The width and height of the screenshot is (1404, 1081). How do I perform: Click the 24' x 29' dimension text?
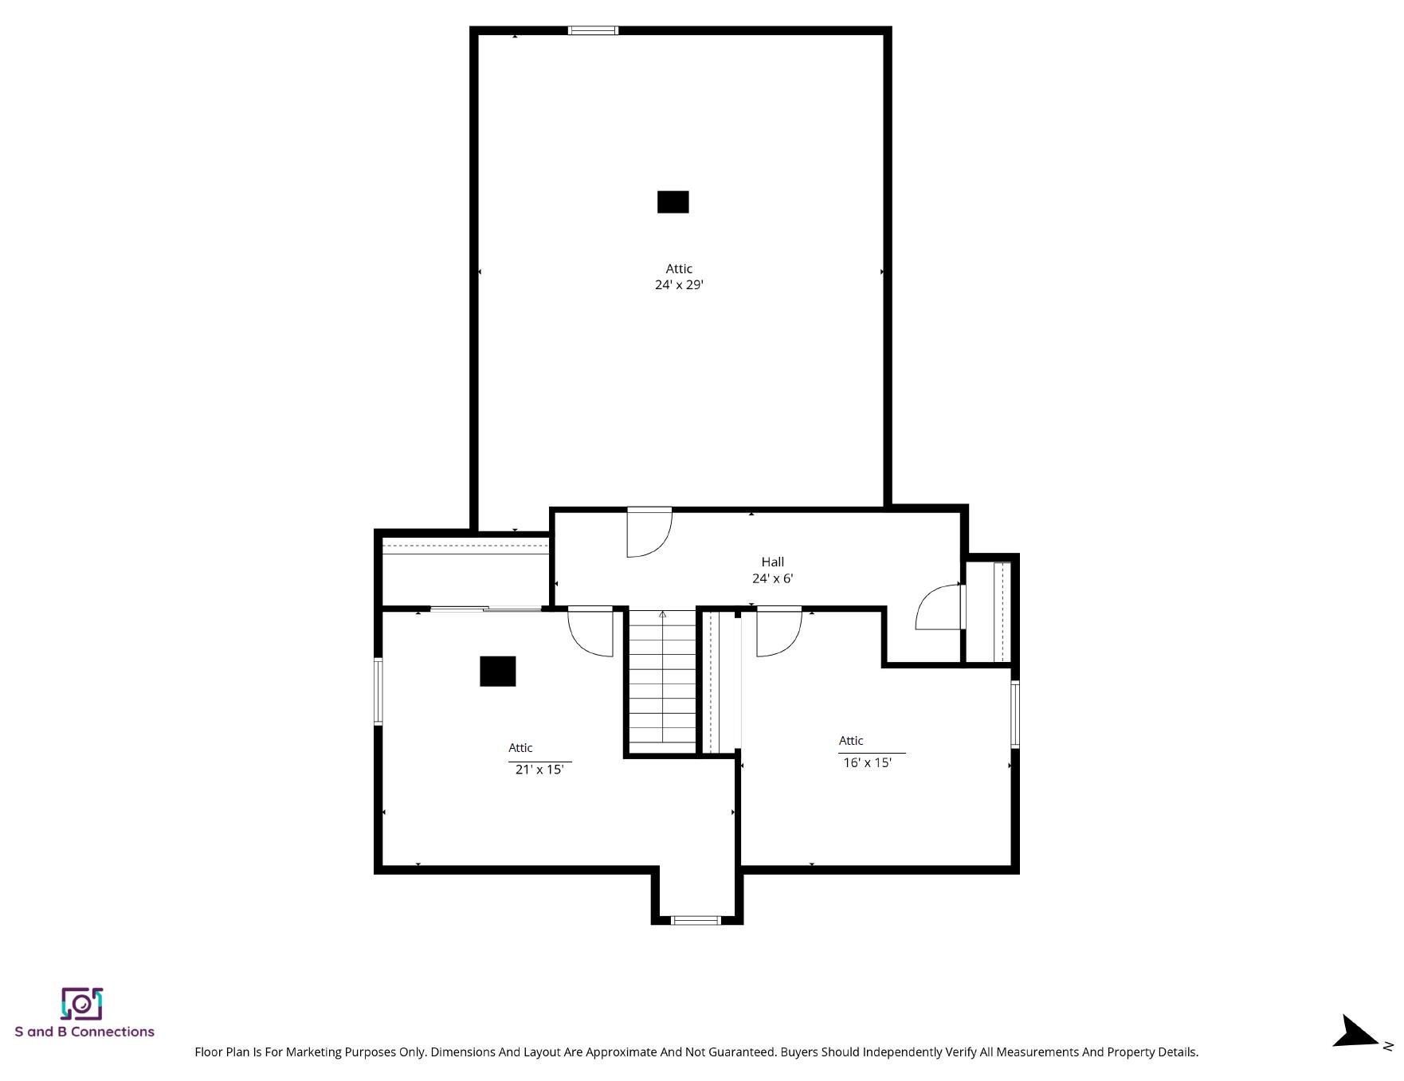pos(679,284)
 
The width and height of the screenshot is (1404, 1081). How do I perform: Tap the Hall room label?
pos(772,562)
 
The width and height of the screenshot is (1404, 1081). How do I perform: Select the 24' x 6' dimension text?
pos(772,578)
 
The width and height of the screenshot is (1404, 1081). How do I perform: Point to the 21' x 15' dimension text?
pos(539,770)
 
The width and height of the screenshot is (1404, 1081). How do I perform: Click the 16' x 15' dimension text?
pos(867,762)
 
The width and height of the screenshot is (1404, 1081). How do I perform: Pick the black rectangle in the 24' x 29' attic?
pos(673,202)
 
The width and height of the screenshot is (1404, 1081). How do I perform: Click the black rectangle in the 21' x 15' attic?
pos(498,672)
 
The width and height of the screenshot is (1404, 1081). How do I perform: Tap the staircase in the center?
pos(662,681)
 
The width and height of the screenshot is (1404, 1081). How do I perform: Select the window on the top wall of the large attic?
pos(593,31)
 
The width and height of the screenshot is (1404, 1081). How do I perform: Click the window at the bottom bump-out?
pos(696,920)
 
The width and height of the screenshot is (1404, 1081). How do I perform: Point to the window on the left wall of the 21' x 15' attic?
pos(378,691)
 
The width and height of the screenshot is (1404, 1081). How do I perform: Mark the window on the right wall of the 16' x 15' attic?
pos(1015,714)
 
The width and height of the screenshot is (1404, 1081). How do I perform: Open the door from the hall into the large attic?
pos(649,532)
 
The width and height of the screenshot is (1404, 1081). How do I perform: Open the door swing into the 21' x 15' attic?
pos(590,632)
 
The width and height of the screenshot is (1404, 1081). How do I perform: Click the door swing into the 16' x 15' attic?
pos(778,632)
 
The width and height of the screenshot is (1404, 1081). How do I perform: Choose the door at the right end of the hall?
pos(941,607)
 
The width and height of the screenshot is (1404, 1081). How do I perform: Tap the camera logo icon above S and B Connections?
pos(82,1004)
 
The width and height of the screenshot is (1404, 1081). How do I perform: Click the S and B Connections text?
pos(84,1032)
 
